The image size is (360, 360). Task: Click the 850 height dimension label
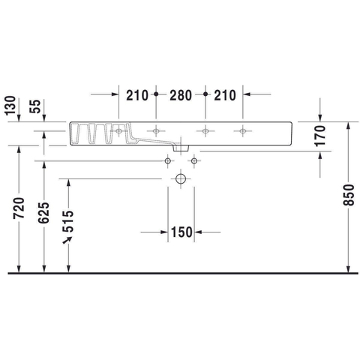349,195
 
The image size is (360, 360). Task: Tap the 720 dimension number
19,208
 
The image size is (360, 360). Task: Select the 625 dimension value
44,213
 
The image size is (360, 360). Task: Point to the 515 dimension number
68,221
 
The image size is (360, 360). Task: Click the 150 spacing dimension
181,232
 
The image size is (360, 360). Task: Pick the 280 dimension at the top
181,95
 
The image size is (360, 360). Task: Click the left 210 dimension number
137,95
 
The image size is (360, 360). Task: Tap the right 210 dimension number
225,95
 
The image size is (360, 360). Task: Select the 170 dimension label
320,136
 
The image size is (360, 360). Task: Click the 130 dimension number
10,106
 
